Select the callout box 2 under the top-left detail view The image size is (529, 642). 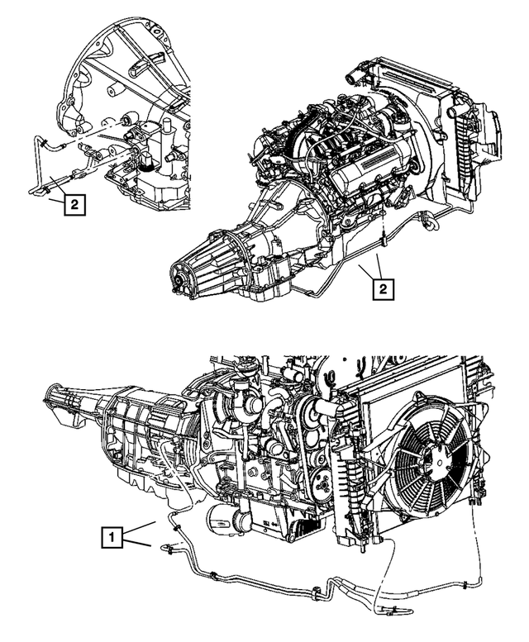[x=73, y=205]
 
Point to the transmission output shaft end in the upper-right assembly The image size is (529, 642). [x=176, y=283]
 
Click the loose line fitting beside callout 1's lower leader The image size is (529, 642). [x=169, y=546]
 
